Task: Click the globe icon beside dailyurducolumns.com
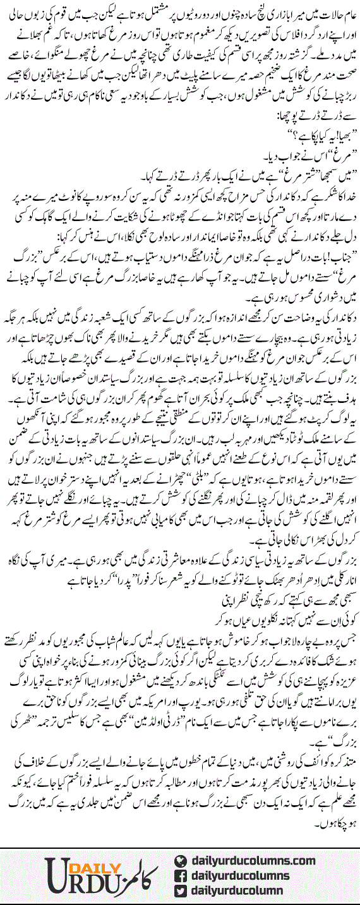pyautogui.click(x=182, y=860)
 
